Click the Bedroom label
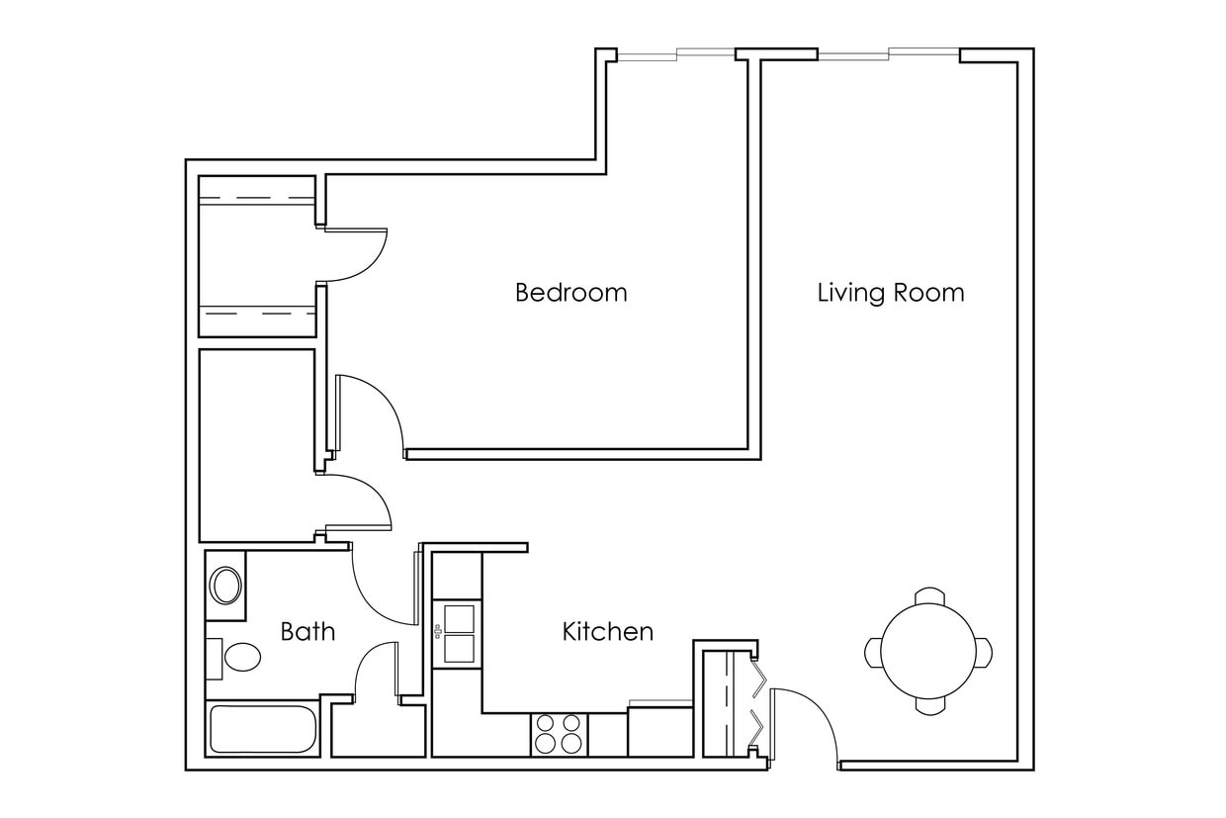[570, 293]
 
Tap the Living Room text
[890, 293]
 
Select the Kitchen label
[607, 631]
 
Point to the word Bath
[307, 631]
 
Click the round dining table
[928, 651]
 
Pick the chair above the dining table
[929, 595]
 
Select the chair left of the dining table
[873, 652]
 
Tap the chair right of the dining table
[985, 652]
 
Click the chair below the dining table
[929, 706]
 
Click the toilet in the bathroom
[237, 656]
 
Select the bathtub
[263, 729]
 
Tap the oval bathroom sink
[226, 586]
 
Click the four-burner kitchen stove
[559, 734]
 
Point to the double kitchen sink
[459, 633]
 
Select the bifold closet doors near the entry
[758, 701]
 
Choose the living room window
[888, 53]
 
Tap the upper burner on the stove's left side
[546, 723]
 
